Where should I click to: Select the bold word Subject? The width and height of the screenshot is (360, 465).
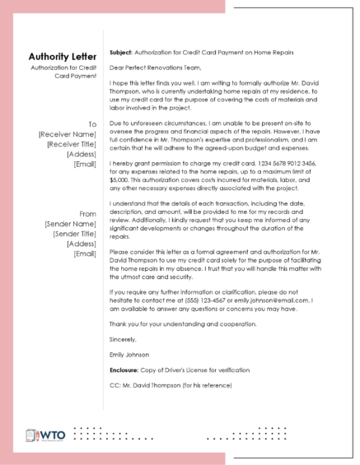pyautogui.click(x=123, y=51)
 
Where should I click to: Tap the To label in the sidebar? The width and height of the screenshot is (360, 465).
pyautogui.click(x=92, y=123)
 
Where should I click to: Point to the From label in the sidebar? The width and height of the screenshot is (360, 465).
pyautogui.click(x=87, y=213)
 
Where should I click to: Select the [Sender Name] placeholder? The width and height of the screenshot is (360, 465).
pyautogui.click(x=72, y=223)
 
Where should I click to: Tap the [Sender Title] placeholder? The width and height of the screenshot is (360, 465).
pyautogui.click(x=72, y=233)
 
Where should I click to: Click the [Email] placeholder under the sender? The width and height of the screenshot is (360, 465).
pyautogui.click(x=85, y=253)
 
